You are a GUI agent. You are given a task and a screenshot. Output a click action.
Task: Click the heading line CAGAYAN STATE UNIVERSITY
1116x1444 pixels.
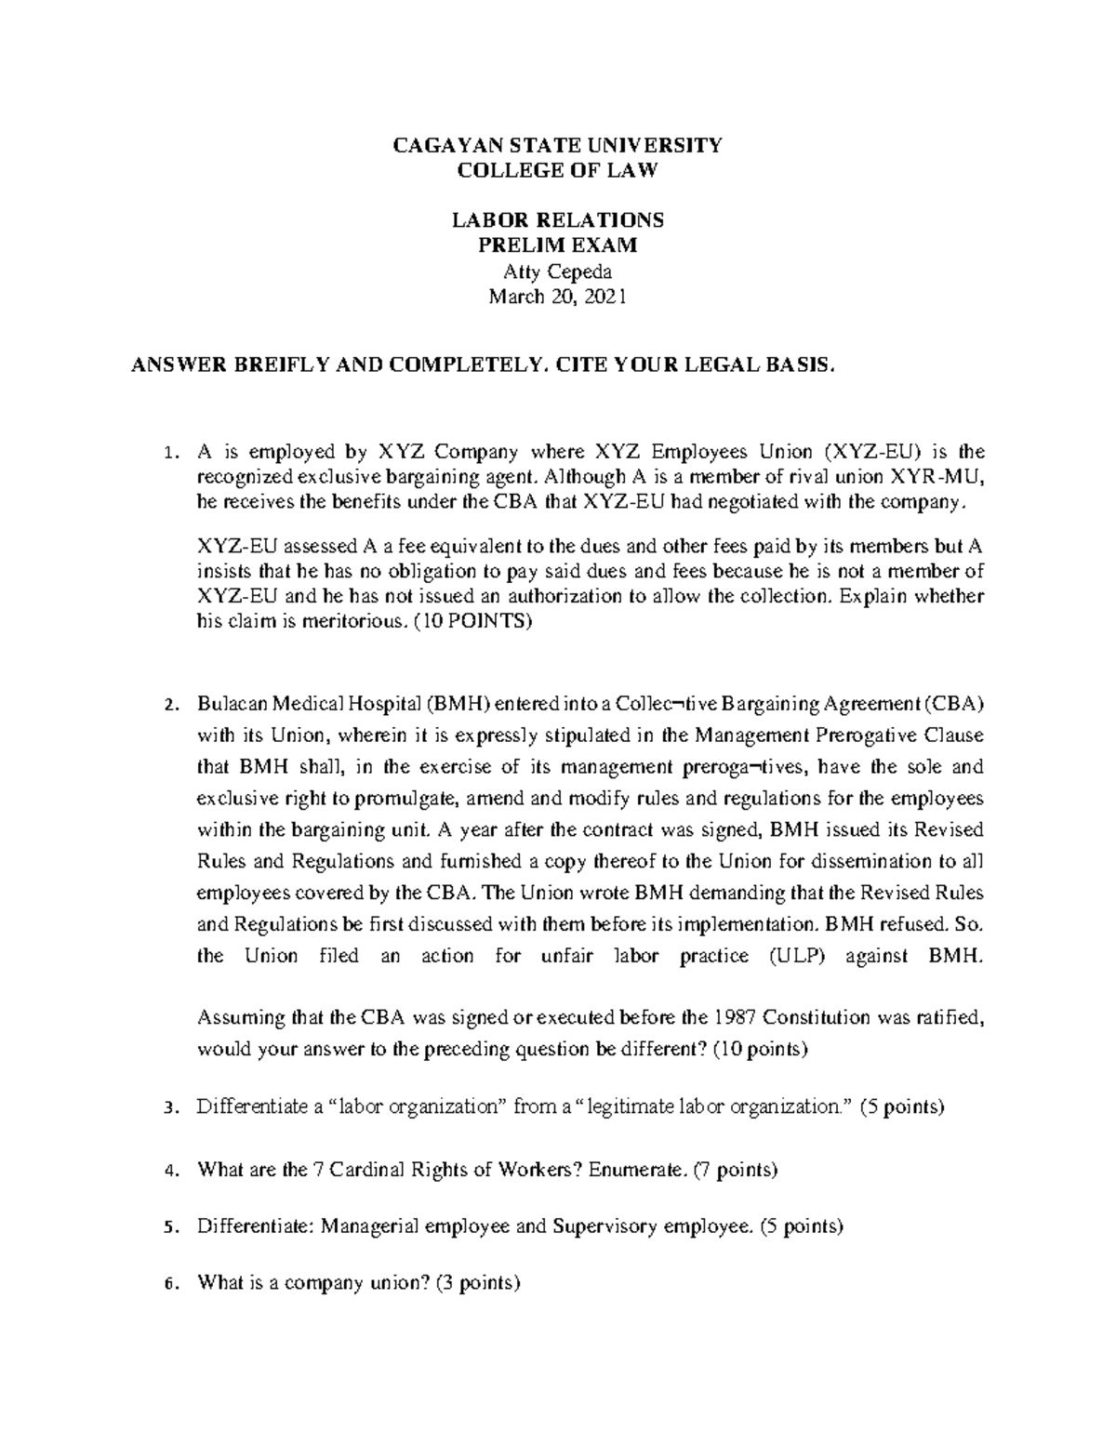pos(558,145)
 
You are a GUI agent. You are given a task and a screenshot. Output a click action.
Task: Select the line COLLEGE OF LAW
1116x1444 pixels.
pos(558,170)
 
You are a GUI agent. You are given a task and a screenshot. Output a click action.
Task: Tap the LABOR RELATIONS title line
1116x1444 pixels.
pos(558,220)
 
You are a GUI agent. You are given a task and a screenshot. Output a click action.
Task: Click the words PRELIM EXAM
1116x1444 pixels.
pos(558,245)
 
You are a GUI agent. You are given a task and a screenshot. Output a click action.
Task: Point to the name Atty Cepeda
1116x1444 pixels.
pos(558,272)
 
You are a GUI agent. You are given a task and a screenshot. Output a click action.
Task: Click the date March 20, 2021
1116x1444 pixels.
pos(558,297)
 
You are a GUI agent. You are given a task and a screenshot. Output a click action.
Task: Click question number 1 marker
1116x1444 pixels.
pos(168,454)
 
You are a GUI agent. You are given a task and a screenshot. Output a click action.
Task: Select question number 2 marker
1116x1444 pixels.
pos(168,705)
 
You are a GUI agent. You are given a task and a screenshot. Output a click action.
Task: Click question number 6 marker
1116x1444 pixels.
pos(168,1286)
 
